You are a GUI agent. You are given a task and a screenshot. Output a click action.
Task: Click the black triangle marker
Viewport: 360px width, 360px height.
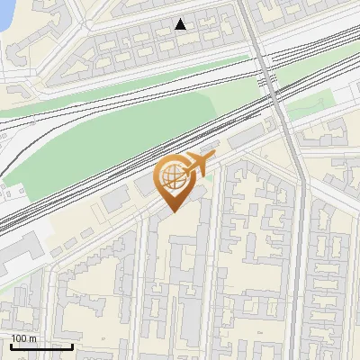click(x=181, y=24)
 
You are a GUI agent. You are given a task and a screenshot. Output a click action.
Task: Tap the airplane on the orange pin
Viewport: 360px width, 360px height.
click(x=198, y=166)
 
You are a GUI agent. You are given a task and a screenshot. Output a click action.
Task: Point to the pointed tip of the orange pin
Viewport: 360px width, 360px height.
click(x=171, y=212)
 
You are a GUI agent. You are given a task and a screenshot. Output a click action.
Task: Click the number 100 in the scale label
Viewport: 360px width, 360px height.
click(x=21, y=338)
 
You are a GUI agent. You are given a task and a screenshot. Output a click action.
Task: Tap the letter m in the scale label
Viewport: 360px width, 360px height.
click(x=33, y=338)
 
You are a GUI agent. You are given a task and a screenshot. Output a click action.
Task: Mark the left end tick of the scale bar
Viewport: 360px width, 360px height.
click(x=10, y=345)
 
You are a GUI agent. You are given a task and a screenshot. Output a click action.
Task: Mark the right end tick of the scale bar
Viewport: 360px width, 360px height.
click(x=72, y=345)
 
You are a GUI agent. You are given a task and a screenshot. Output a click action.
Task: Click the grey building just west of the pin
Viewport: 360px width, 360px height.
click(x=116, y=201)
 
